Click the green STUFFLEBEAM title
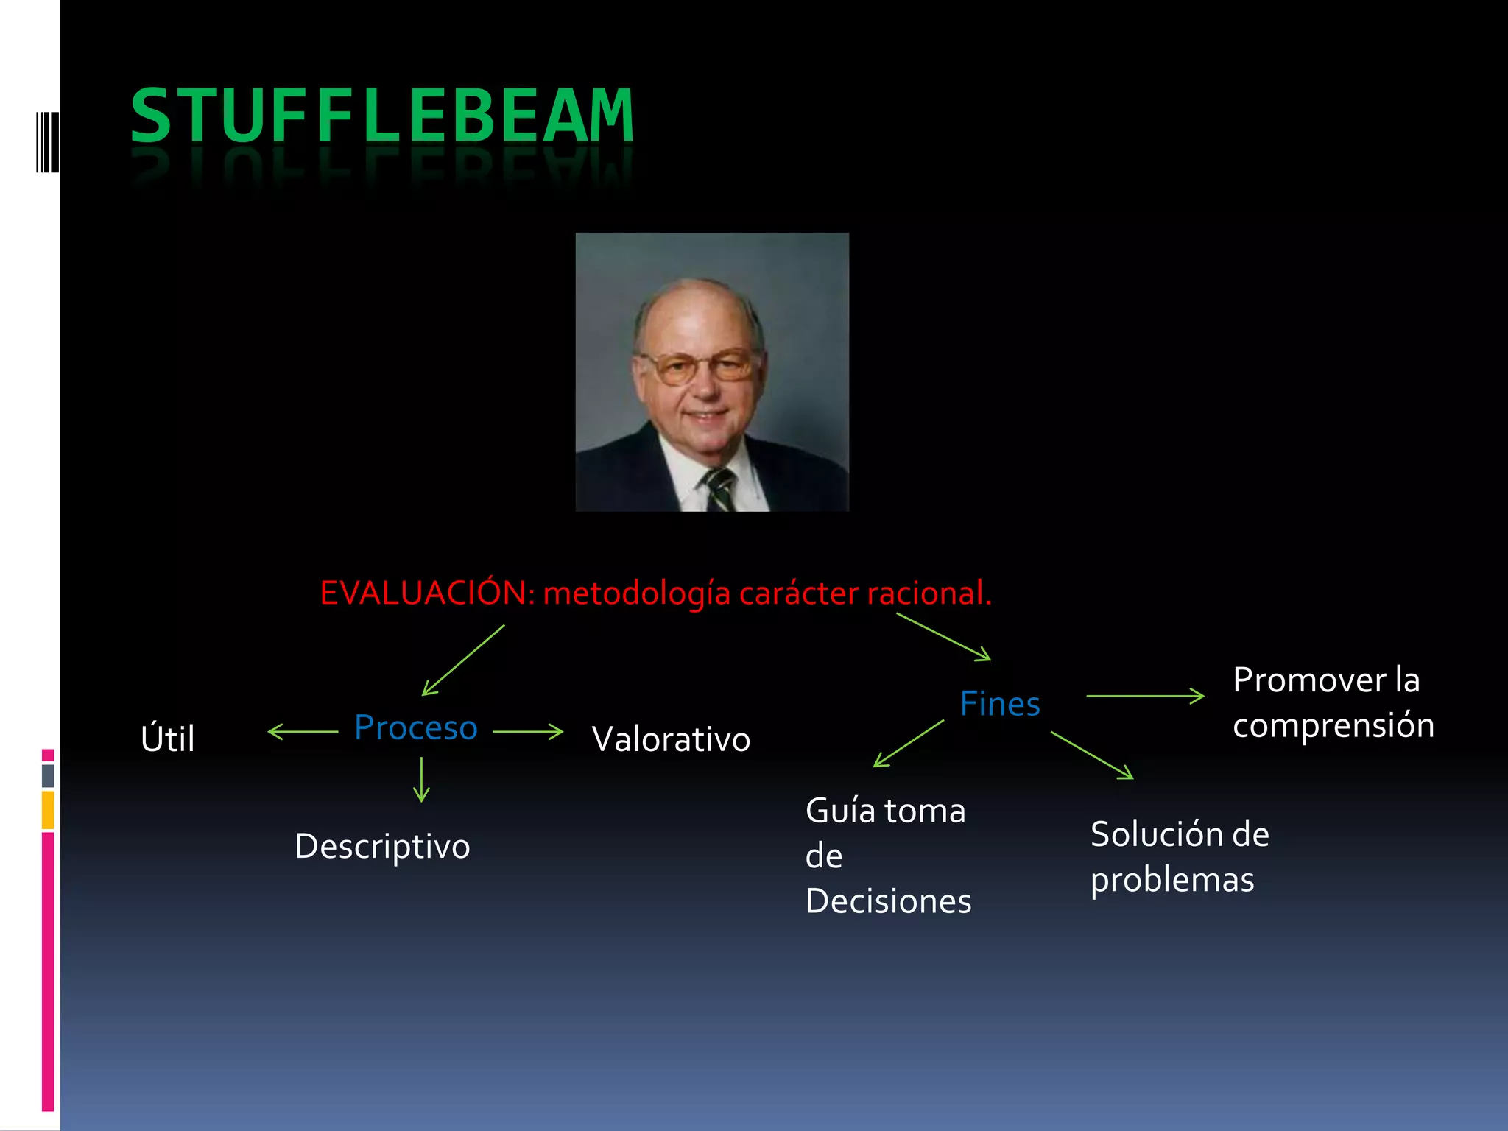381,116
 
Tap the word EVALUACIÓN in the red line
424,593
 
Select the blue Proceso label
416,728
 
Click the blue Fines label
1000,705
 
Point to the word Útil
168,739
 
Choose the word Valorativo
671,740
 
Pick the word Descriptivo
382,847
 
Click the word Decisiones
888,902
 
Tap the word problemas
1172,881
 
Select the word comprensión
1333,726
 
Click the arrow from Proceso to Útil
303,732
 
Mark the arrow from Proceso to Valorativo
528,732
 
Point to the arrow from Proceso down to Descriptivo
421,780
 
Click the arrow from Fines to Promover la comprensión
1145,696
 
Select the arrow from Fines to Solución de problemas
1092,755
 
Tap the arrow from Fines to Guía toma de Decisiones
909,744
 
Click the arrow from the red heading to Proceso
463,660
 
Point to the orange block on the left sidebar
48,810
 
